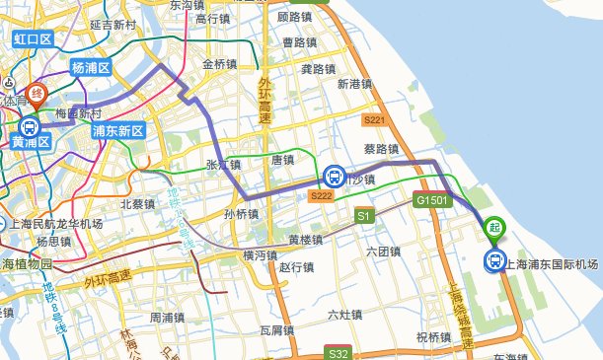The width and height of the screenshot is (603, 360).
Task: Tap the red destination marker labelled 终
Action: [38, 96]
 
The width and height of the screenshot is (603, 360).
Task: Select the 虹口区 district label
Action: [32, 39]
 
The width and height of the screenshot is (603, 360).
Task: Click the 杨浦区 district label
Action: [92, 68]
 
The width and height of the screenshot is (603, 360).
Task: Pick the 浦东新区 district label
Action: [117, 130]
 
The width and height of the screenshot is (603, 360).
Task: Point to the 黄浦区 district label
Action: [31, 143]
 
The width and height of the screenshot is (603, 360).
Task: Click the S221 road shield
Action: [374, 120]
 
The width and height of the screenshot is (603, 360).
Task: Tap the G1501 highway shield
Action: [432, 200]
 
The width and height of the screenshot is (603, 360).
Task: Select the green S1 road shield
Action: [363, 214]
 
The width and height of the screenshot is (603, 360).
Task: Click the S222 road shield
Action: [320, 196]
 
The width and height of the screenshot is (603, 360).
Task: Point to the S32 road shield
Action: [338, 353]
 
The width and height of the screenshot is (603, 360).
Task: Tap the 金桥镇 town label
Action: [219, 65]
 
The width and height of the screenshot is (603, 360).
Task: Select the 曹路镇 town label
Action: [299, 42]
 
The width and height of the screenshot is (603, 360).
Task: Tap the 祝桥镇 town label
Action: [433, 336]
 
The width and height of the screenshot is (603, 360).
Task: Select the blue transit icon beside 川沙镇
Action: [335, 178]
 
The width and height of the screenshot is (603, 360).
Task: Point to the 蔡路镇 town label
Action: [381, 150]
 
